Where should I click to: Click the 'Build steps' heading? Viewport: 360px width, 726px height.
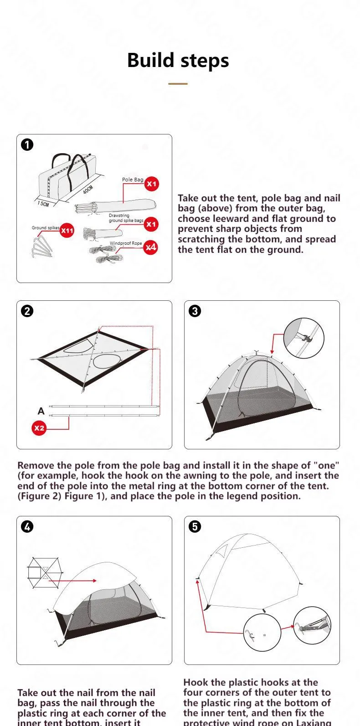coord(178,61)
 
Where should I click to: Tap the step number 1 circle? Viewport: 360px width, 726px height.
coord(27,145)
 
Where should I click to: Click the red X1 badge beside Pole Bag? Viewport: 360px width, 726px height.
coord(151,184)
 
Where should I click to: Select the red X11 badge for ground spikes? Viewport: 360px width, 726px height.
coord(67,231)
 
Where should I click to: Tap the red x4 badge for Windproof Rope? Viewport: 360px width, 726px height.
coord(151,247)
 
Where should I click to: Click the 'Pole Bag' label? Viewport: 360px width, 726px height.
coord(132,180)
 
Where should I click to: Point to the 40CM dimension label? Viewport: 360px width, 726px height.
coord(88,190)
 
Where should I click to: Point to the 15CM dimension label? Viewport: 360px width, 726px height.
coord(43,204)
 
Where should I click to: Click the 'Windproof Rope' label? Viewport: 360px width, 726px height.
coord(126,243)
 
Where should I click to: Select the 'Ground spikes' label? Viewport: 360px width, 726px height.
coord(46,227)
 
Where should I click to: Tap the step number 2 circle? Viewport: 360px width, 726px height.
coord(27,311)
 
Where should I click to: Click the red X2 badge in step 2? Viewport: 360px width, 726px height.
coord(40,428)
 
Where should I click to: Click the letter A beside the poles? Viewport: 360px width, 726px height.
coord(41,411)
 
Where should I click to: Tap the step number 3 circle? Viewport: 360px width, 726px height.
coord(195,311)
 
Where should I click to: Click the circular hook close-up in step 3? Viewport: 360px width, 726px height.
coord(303,339)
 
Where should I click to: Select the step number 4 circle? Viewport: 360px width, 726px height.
coord(27,527)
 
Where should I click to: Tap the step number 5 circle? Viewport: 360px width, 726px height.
coord(195,527)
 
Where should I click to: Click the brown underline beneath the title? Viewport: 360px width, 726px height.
coord(178,84)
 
